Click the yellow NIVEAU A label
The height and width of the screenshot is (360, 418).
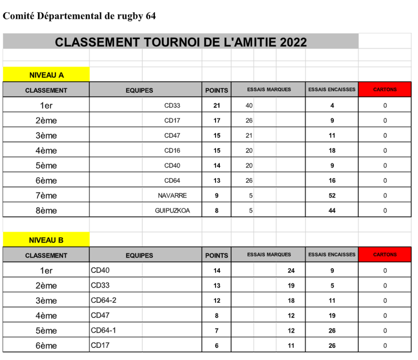pyautogui.click(x=46, y=75)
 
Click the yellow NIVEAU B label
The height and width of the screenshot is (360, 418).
pyautogui.click(x=46, y=240)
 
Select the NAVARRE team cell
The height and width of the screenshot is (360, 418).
pyautogui.click(x=172, y=195)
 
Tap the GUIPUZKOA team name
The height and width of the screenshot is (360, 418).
pyautogui.click(x=172, y=210)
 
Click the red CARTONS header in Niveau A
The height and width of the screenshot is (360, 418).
pyautogui.click(x=385, y=90)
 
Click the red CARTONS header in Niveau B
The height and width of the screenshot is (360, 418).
pyautogui.click(x=385, y=255)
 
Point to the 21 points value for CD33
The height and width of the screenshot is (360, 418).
pyautogui.click(x=216, y=105)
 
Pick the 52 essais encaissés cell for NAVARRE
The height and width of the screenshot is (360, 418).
pyautogui.click(x=332, y=195)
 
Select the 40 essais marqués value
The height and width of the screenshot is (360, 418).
pyautogui.click(x=249, y=105)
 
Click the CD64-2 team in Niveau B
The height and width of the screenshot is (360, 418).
pyautogui.click(x=104, y=300)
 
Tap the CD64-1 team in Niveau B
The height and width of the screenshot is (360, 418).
pyautogui.click(x=104, y=330)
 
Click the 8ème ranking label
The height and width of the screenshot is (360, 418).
pyautogui.click(x=46, y=211)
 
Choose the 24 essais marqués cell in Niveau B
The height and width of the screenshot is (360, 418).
pyautogui.click(x=291, y=270)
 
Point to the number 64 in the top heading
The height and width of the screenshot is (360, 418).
pyautogui.click(x=150, y=16)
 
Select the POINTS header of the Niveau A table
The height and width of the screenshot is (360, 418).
pyautogui.click(x=216, y=90)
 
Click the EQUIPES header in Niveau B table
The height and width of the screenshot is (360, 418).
pyautogui.click(x=139, y=255)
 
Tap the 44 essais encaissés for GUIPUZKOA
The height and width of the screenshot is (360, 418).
pyautogui.click(x=332, y=210)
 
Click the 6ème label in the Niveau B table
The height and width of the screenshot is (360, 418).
pyautogui.click(x=46, y=346)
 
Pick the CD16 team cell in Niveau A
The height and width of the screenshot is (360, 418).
pyautogui.click(x=172, y=150)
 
